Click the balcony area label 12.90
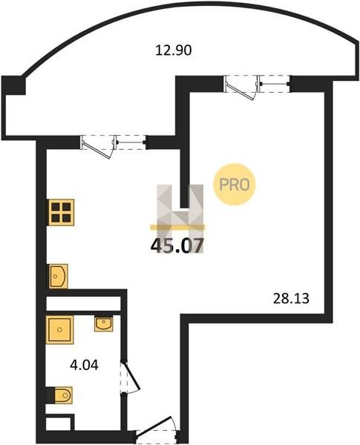[x=174, y=50]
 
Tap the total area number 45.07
[x=177, y=245]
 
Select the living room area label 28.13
[x=291, y=299]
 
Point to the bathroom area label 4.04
[x=84, y=365]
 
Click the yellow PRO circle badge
[x=235, y=185]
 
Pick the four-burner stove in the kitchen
[x=62, y=212]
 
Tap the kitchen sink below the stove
[x=58, y=276]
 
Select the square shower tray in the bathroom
[x=59, y=329]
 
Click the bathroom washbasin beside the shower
[x=104, y=324]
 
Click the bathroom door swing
[x=130, y=377]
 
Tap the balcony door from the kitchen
[x=99, y=147]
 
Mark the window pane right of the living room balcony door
[x=275, y=84]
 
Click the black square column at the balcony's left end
[x=13, y=85]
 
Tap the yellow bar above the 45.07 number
[x=177, y=227]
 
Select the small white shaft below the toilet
[x=58, y=424]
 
